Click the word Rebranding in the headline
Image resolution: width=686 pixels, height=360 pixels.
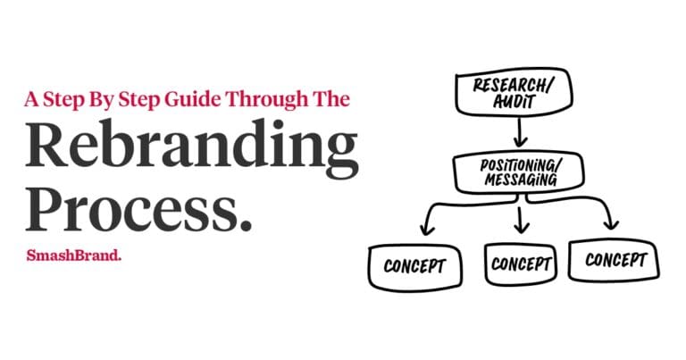click(x=191, y=147)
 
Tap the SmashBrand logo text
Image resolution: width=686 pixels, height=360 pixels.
click(x=74, y=255)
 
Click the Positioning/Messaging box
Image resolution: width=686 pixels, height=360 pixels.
click(x=517, y=172)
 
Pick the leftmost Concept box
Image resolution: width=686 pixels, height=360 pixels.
click(x=416, y=266)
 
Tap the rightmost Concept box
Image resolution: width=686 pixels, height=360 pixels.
click(x=615, y=260)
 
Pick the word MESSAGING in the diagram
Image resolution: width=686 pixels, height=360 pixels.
click(x=518, y=180)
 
